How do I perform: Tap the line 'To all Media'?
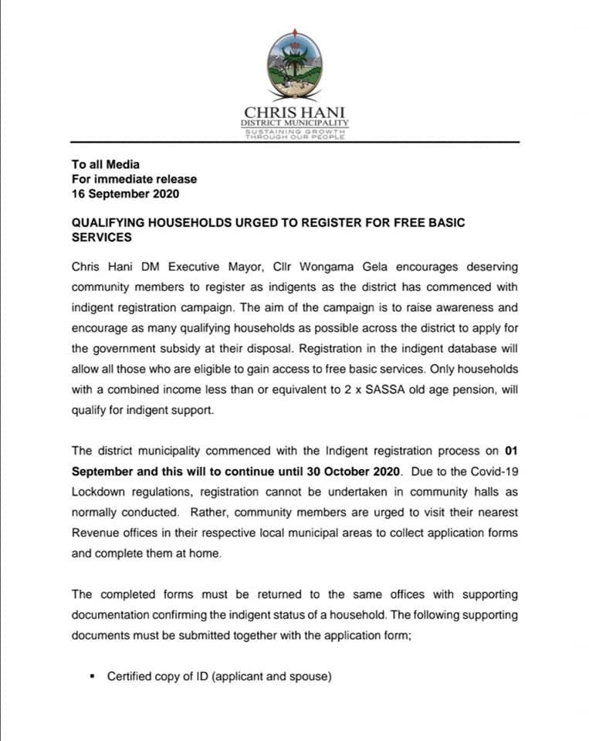105,164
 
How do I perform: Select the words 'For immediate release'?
134,179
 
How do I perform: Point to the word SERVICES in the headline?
102,238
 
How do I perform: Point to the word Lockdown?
99,492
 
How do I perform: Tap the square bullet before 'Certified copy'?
92,677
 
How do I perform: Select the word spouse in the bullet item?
310,677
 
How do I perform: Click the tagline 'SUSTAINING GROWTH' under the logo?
294,130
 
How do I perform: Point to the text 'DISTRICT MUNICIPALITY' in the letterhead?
294,122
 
